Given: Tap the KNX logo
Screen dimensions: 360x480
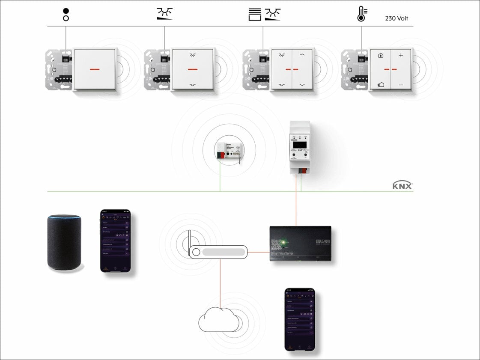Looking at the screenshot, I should (402, 185).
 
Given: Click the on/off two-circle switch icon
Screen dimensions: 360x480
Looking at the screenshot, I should (66, 14).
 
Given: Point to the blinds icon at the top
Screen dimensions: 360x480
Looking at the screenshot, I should (255, 14).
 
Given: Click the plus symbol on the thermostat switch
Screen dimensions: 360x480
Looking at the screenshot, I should (401, 55).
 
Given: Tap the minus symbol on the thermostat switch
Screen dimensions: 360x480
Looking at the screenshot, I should (401, 85).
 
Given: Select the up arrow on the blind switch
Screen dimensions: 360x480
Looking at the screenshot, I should (302, 55).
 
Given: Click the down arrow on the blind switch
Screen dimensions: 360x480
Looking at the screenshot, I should (302, 85).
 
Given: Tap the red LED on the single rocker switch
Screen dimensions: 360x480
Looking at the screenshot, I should (95, 69).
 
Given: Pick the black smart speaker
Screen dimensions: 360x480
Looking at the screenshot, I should (64, 242).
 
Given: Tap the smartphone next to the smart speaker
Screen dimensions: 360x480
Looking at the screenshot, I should (115, 241).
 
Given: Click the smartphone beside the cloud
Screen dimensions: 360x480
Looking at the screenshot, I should (300, 319).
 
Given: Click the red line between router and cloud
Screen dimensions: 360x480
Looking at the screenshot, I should (220, 283).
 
